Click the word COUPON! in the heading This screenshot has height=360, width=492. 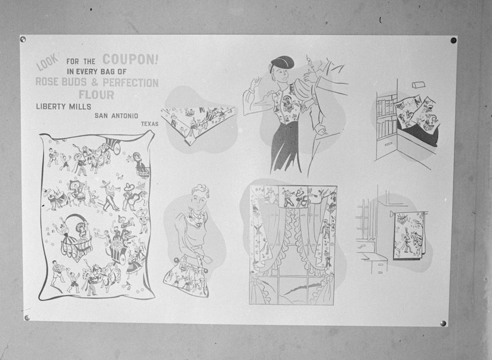click(130, 59)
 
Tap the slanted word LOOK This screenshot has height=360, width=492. click(48, 62)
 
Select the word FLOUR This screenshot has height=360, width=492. click(96, 95)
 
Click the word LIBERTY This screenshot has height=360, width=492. click(51, 106)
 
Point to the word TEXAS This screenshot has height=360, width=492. click(150, 124)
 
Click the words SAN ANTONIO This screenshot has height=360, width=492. click(117, 116)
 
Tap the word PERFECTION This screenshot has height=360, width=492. click(130, 83)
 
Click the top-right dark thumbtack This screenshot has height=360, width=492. click(454, 40)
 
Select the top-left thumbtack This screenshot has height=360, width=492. click(23, 39)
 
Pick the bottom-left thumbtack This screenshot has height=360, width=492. click(27, 318)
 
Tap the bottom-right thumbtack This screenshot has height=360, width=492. click(443, 323)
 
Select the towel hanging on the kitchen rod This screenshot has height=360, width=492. click(408, 235)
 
